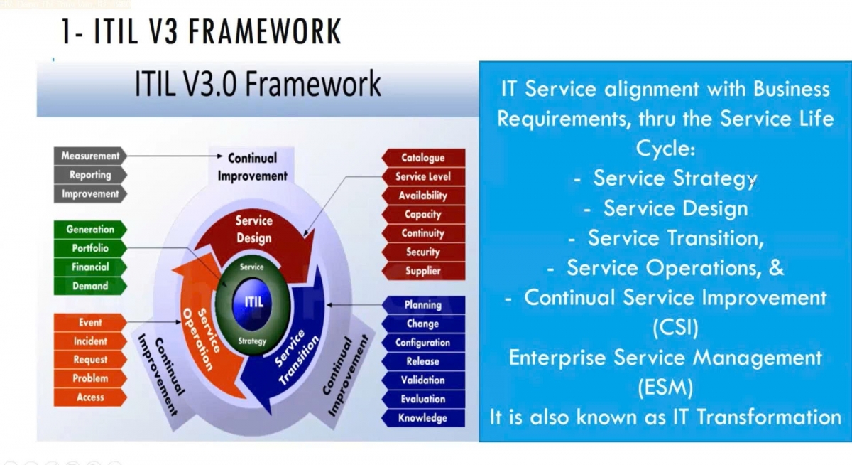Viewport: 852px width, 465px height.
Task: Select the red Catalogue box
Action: click(423, 158)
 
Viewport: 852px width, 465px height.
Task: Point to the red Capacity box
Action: click(423, 214)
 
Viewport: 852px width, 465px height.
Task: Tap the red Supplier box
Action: click(423, 271)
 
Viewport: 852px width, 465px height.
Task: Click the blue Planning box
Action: click(423, 305)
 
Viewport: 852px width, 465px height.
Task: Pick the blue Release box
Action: click(423, 361)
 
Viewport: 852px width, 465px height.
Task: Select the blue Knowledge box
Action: click(423, 418)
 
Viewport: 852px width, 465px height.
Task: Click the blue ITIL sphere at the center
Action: click(253, 301)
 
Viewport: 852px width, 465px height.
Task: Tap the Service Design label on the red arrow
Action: click(253, 229)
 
